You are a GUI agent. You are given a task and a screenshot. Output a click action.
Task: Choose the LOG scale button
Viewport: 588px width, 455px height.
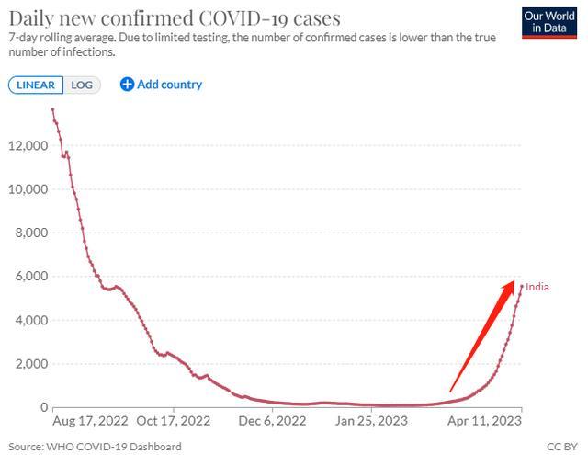click(83, 85)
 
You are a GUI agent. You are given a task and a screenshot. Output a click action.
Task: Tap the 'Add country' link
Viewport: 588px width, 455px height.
click(162, 85)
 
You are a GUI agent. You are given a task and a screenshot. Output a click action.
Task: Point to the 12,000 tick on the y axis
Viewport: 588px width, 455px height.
click(28, 146)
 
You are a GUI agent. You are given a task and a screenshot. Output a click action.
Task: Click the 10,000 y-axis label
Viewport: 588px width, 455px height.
click(28, 189)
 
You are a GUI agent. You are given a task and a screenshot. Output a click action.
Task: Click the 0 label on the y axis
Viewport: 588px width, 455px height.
click(42, 407)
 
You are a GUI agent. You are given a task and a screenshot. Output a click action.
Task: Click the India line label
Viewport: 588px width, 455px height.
click(537, 288)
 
